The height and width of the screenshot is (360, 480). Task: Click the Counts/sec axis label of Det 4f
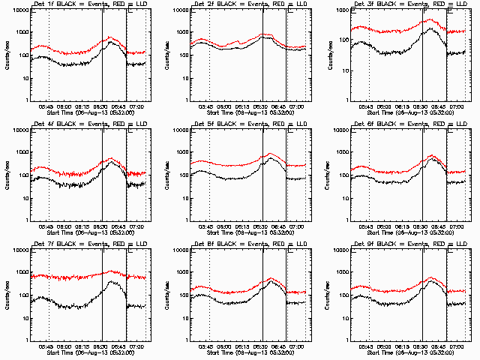coord(8,174)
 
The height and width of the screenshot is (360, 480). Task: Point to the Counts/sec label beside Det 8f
coord(168,294)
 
